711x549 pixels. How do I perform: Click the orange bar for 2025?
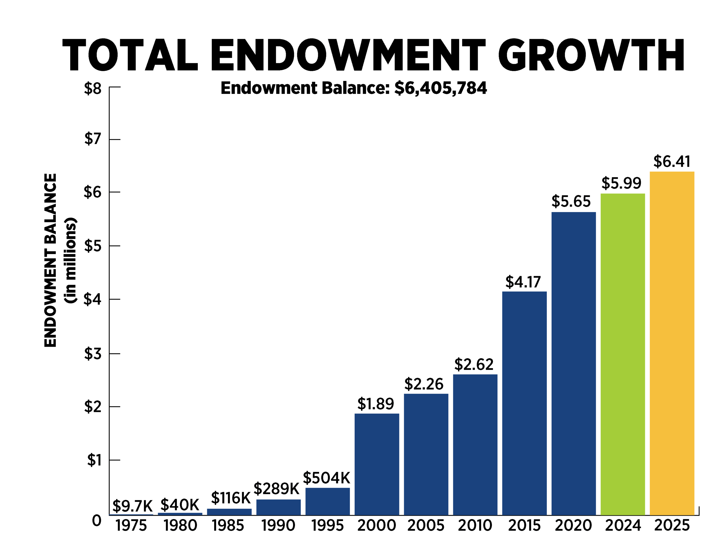(672, 343)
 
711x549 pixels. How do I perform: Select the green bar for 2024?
(622, 354)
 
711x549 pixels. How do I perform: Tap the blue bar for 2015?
(524, 403)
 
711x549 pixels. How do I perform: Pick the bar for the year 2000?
(377, 464)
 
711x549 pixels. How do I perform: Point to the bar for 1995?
(327, 502)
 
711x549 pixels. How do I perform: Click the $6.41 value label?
(672, 162)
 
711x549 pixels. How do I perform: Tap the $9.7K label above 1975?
(132, 506)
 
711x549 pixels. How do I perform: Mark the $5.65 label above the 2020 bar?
(571, 201)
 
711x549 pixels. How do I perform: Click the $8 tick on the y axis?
(93, 88)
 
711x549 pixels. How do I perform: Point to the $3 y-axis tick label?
(93, 353)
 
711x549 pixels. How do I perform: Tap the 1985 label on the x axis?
(228, 526)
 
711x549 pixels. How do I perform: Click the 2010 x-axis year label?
(475, 526)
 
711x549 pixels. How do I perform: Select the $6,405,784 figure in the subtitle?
(440, 88)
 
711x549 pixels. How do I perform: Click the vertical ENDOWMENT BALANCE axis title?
(51, 260)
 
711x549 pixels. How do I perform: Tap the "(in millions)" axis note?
(71, 260)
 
